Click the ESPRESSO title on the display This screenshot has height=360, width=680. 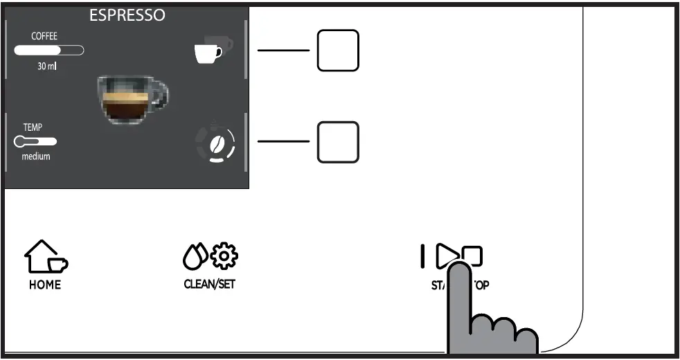(x=127, y=15)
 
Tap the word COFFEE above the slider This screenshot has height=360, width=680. (x=44, y=36)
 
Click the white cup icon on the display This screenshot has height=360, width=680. (x=208, y=53)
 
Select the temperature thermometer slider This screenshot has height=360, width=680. (x=35, y=142)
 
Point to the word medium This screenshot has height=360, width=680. (x=36, y=157)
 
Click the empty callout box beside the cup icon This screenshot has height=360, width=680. (x=338, y=50)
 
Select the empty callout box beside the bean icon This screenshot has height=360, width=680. (x=338, y=142)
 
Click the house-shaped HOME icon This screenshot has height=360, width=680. (x=45, y=257)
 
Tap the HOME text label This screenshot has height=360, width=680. (x=45, y=285)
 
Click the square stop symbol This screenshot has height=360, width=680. (x=473, y=257)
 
